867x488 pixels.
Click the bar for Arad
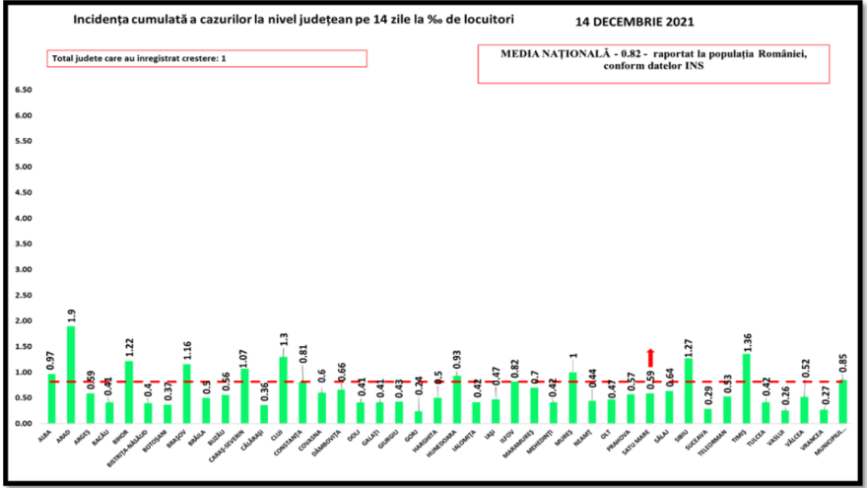[70, 375]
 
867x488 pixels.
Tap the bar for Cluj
[284, 390]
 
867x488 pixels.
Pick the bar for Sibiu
[689, 390]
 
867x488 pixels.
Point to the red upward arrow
[650, 357]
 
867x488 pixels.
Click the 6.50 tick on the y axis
[22, 90]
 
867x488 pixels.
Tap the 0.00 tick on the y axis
[22, 423]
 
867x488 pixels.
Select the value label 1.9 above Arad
[71, 315]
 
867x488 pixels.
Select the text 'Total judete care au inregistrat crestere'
[137, 59]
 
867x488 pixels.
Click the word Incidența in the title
[99, 20]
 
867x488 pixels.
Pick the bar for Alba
[51, 398]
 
